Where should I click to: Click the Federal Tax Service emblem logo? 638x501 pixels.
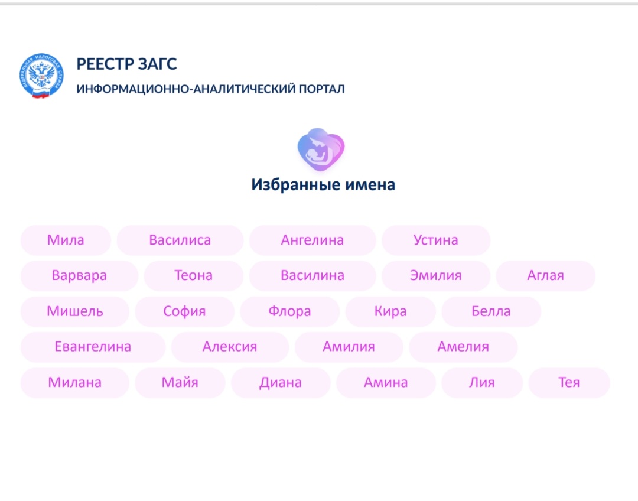point(41,76)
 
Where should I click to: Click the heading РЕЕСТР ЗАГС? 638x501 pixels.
point(126,64)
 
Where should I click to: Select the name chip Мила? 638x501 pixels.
point(66,240)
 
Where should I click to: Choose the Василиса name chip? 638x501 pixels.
point(180,240)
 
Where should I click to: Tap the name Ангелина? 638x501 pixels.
point(312,240)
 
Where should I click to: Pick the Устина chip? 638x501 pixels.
point(435,240)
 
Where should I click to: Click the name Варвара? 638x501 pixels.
point(79,276)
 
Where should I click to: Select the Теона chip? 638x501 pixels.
point(193,276)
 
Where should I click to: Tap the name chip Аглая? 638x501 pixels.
point(545,276)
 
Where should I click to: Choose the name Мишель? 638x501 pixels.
point(74,311)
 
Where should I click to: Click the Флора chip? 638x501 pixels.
point(289,311)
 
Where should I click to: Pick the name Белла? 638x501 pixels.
point(491,311)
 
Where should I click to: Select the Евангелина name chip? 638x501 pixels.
point(93,347)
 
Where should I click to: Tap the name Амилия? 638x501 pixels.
point(349,347)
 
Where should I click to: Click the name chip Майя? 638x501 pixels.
point(180,383)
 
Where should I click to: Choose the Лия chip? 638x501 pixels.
point(481,383)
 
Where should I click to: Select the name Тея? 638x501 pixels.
point(569,383)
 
